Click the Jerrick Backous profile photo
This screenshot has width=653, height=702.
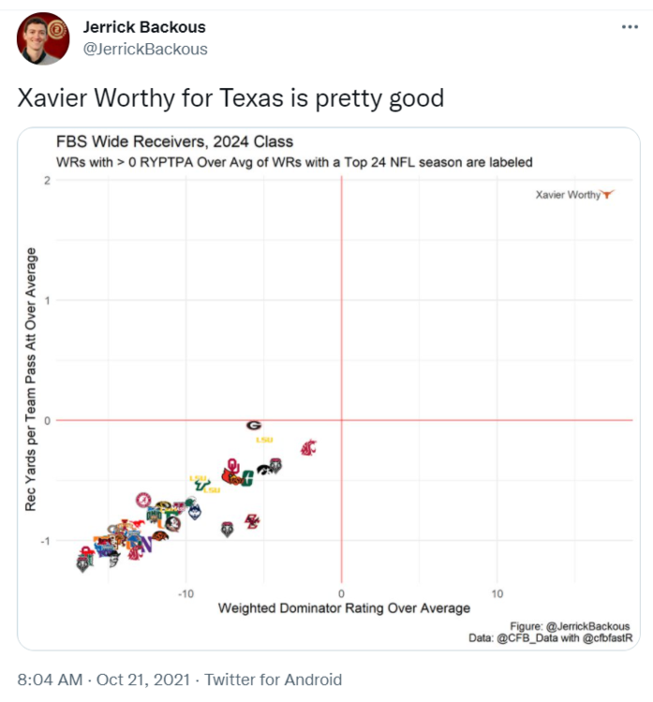43,38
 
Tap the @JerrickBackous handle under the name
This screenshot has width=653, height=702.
146,49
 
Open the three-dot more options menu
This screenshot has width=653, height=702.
630,27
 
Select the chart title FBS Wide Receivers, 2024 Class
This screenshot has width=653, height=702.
174,142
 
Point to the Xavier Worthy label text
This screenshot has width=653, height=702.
568,195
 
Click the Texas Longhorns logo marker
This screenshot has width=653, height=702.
608,195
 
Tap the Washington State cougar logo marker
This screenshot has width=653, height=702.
308,447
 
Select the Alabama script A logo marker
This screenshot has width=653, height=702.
143,500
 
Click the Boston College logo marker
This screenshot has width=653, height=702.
251,520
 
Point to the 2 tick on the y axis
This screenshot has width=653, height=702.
47,180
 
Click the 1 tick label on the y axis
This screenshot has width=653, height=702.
47,300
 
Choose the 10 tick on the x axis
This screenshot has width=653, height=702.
497,593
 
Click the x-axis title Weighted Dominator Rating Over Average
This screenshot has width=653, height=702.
344,608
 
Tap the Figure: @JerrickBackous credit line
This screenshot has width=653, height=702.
571,626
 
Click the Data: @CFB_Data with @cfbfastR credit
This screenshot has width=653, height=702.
551,638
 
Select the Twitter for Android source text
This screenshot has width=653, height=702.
274,680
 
